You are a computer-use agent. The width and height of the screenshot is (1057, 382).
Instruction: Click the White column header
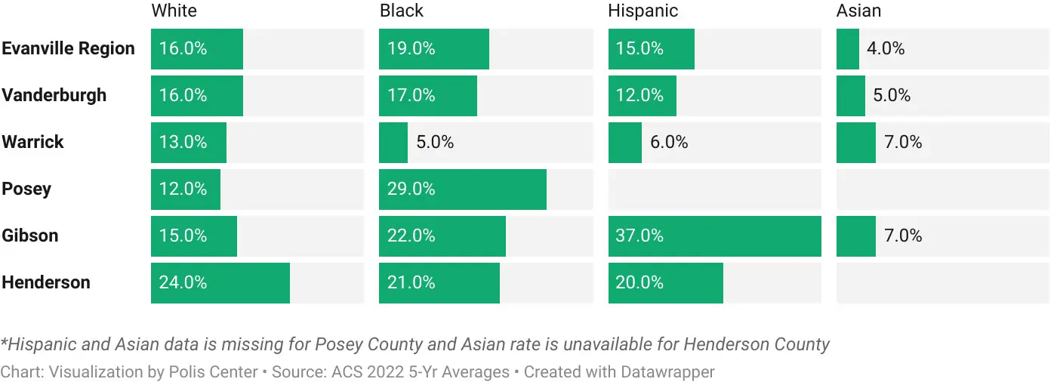[x=174, y=11]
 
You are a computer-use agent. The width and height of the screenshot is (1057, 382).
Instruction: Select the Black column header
[x=401, y=11]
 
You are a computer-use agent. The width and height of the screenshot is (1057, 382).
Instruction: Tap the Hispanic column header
[x=643, y=11]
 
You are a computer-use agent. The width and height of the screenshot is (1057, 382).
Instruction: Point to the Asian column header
[x=858, y=11]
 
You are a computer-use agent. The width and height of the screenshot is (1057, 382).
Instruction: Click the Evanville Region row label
[x=68, y=48]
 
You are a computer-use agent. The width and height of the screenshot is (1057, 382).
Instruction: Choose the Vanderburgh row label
[x=54, y=95]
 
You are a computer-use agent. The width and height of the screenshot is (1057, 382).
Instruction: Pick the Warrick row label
[x=32, y=142]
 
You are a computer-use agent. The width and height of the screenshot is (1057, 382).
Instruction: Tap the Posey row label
[x=26, y=189]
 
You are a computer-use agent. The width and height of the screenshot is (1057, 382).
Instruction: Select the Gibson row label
[x=29, y=236]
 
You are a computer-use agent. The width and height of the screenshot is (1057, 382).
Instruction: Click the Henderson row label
[x=45, y=282]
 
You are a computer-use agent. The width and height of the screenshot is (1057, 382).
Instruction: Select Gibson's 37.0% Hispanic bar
[x=714, y=236]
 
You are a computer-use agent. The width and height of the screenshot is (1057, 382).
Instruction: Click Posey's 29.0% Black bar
[x=462, y=189]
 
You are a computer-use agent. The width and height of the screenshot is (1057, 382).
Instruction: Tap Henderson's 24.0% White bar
[x=220, y=282]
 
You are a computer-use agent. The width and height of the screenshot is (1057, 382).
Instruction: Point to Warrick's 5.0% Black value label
[x=435, y=142]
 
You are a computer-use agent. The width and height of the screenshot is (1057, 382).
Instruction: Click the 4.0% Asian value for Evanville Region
[x=886, y=48]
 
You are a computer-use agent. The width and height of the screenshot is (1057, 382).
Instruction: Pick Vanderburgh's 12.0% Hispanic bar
[x=642, y=95]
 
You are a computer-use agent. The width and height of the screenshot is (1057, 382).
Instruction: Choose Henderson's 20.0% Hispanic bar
[x=665, y=282]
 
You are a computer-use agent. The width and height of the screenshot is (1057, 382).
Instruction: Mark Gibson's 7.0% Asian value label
[x=903, y=236]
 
